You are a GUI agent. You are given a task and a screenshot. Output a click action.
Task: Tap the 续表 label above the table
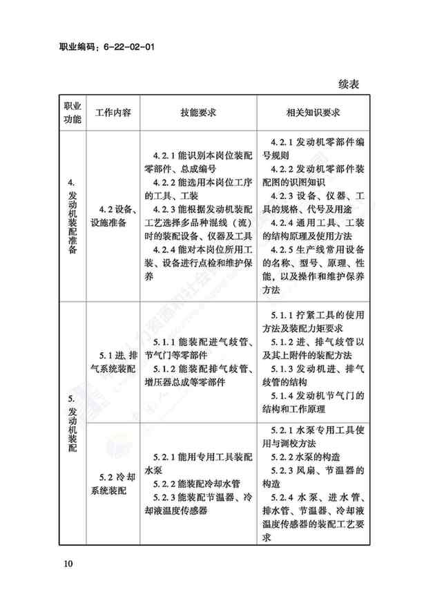(x=352, y=84)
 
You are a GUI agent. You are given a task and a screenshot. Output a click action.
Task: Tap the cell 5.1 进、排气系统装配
(x=113, y=361)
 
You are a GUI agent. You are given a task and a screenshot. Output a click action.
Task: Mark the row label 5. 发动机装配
(x=72, y=422)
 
